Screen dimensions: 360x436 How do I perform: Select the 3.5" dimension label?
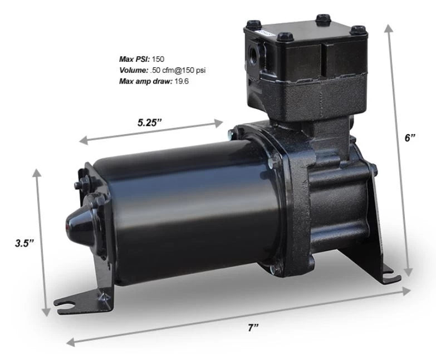pyautogui.click(x=25, y=243)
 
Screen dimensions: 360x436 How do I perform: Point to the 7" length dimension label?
pyautogui.click(x=254, y=328)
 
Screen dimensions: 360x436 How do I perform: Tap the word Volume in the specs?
pyautogui.click(x=133, y=70)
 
